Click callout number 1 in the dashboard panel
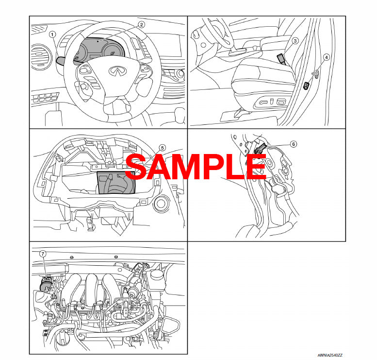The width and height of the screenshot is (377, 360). point(52,34)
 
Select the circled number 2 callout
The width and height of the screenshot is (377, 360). point(141,24)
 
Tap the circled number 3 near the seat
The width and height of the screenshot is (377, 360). point(295,41)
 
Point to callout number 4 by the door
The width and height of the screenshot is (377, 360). point(326,57)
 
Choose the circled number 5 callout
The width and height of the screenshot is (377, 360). point(162,148)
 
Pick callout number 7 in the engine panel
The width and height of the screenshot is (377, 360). point(43,254)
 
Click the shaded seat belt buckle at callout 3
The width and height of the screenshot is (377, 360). point(281,59)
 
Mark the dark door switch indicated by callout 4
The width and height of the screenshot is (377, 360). point(306,86)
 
